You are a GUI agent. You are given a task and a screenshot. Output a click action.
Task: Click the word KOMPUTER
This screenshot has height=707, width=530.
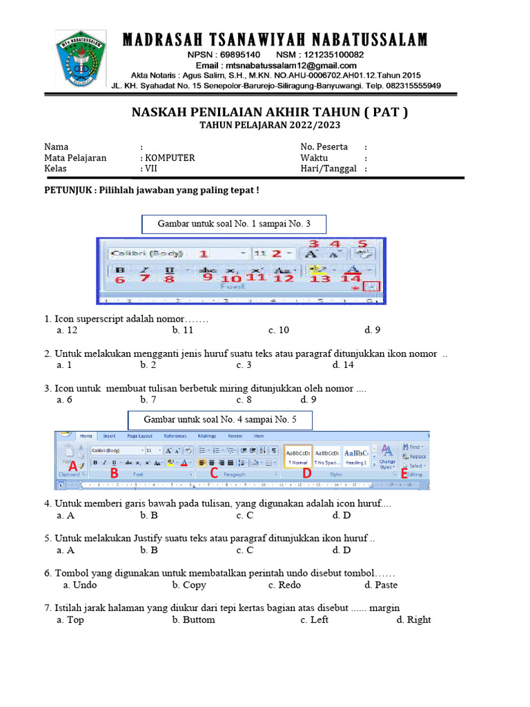pyautogui.click(x=169, y=157)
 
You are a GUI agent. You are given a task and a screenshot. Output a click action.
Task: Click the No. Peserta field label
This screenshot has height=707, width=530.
pyautogui.click(x=324, y=146)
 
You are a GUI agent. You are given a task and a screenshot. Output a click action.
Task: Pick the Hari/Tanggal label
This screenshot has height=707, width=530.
pyautogui.click(x=328, y=168)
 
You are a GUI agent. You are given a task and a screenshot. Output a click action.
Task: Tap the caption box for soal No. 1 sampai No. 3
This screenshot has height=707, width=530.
pyautogui.click(x=233, y=224)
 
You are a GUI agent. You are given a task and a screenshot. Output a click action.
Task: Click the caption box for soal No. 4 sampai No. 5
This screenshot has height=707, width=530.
pyautogui.click(x=220, y=420)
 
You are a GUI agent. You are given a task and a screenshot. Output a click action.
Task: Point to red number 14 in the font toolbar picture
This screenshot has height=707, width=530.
pyautogui.click(x=351, y=278)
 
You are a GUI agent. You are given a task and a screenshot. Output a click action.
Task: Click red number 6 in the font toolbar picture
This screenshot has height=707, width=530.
pyautogui.click(x=119, y=279)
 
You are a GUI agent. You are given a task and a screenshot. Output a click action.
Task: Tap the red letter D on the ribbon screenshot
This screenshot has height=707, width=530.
pyautogui.click(x=306, y=473)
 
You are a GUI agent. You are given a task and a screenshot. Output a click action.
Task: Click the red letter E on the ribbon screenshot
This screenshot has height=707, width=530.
pyautogui.click(x=404, y=473)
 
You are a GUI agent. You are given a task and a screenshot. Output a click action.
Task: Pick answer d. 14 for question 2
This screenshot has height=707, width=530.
pyautogui.click(x=343, y=365)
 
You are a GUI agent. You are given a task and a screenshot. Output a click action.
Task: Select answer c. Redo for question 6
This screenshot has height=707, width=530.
pyautogui.click(x=284, y=585)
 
